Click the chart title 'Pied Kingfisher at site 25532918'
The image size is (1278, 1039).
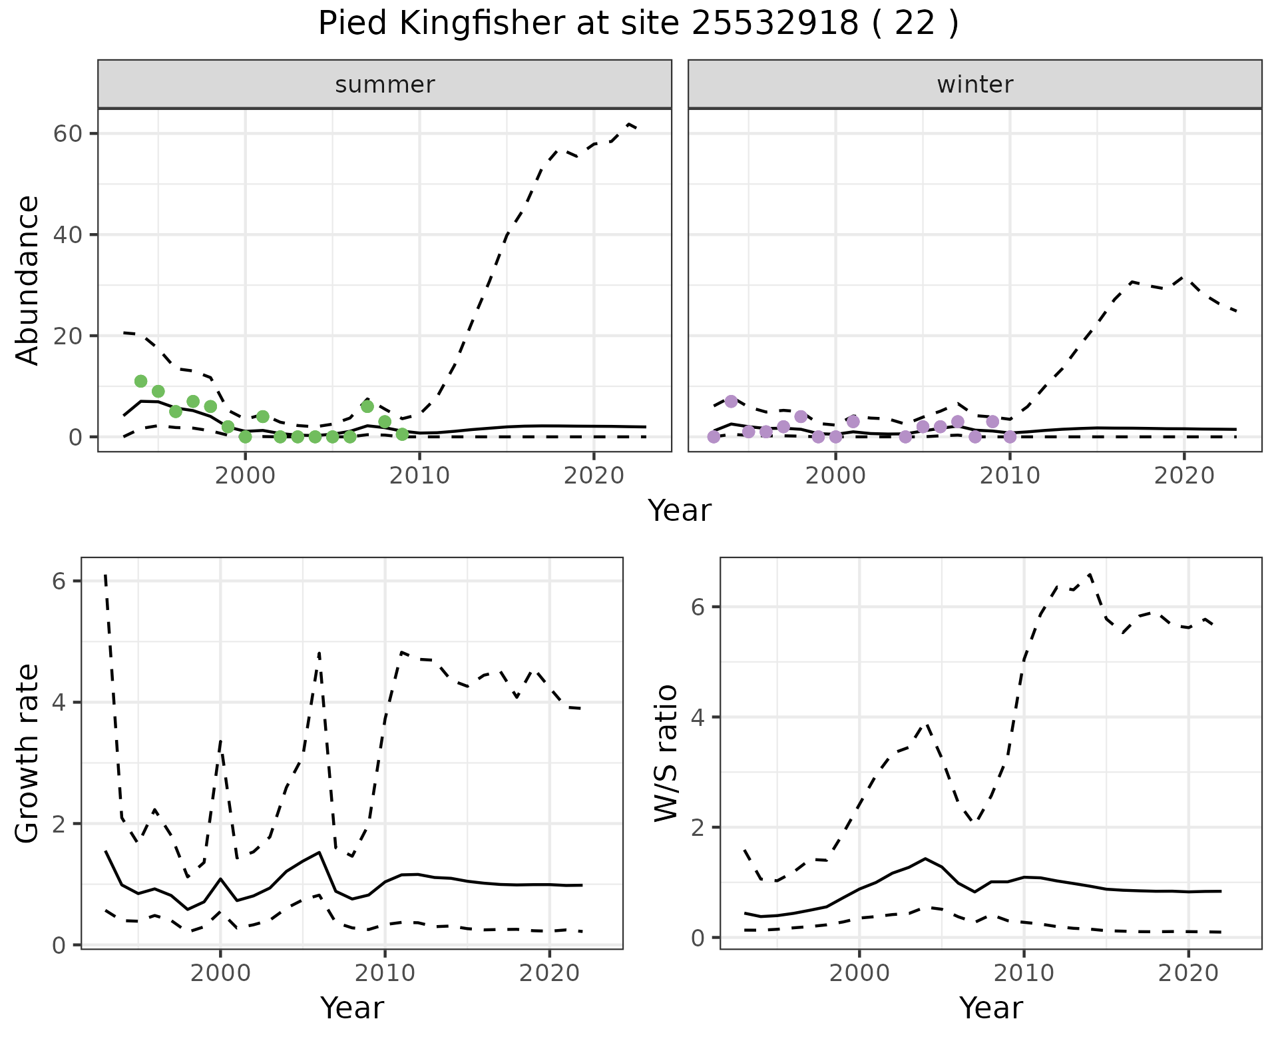(638, 24)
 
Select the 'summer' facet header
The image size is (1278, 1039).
(385, 85)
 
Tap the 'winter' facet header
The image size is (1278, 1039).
(974, 85)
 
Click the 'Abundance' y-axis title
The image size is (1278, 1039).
(28, 280)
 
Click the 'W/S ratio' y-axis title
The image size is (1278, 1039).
(666, 753)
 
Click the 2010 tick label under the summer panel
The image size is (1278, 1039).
(419, 476)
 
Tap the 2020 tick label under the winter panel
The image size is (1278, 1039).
(1183, 476)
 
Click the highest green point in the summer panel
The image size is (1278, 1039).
(140, 381)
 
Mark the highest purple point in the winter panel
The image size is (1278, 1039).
(731, 401)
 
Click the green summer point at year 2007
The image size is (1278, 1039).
(367, 406)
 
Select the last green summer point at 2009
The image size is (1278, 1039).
(402, 434)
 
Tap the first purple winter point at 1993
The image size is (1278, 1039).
(714, 437)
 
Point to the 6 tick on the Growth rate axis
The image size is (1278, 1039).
(59, 581)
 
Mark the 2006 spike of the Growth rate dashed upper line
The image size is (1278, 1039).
(319, 652)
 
